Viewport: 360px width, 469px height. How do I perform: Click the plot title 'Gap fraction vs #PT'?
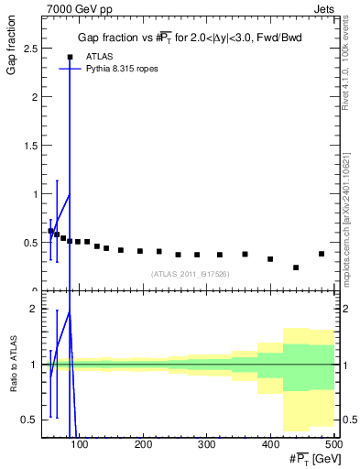[189, 38]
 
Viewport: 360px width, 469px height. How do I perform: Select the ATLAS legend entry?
[101, 57]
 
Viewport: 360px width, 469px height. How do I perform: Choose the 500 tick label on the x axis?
[333, 445]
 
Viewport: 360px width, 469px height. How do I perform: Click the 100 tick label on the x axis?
[81, 445]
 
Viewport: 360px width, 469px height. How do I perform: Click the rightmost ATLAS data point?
[322, 254]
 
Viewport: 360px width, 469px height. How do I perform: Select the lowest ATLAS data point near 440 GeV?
[296, 267]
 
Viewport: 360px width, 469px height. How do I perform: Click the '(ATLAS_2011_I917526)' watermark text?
[190, 274]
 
